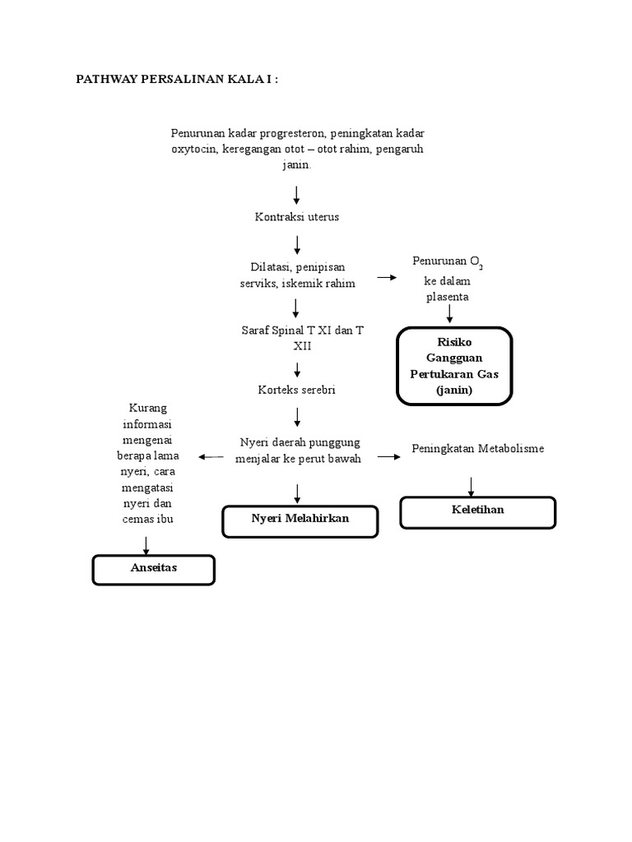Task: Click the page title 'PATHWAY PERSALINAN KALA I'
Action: point(177,79)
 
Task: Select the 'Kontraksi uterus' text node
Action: point(297,217)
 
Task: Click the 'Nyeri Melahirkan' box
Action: point(300,520)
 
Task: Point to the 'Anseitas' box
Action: point(153,569)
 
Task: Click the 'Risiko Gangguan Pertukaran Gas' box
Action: point(454,366)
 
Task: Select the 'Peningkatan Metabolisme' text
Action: point(477,449)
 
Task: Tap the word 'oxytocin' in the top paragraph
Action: point(193,149)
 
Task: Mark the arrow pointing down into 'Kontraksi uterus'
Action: point(297,195)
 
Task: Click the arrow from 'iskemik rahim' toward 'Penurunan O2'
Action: point(386,278)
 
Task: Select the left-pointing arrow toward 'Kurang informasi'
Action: point(210,456)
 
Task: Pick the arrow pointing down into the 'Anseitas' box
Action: point(146,544)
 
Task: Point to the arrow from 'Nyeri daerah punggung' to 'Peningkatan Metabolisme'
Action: point(388,456)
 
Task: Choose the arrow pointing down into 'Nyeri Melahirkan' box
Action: point(297,493)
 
